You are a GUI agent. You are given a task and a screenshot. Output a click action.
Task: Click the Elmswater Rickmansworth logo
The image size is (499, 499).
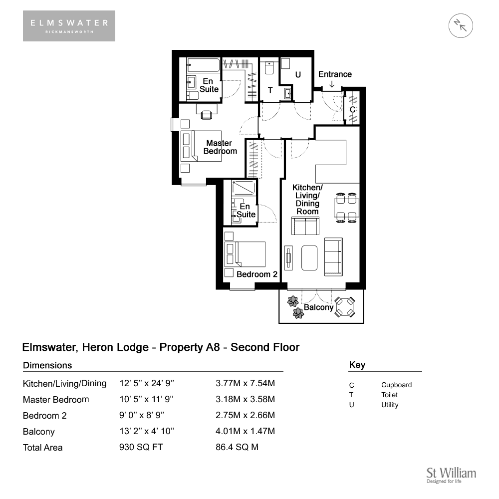coord(69,26)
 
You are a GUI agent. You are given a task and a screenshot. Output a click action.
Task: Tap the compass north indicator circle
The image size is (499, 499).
coord(461,26)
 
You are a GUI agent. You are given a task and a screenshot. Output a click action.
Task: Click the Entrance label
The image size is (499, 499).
coord(335,74)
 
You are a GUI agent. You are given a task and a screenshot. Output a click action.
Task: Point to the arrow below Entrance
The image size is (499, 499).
coord(332,84)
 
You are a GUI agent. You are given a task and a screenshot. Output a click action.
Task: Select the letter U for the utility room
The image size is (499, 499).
coord(298,74)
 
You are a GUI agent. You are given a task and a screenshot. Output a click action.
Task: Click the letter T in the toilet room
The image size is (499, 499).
coord(270,90)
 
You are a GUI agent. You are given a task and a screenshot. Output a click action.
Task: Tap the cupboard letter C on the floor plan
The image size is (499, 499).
coord(352,109)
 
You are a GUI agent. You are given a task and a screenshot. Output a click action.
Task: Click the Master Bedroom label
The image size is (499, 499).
coord(220,147)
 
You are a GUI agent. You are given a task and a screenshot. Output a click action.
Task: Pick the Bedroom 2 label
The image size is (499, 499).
coord(257,274)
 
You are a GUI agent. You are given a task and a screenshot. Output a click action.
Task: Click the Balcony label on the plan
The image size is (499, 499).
coord(318,307)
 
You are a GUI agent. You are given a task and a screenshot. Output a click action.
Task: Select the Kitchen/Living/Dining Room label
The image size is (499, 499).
coord(307,199)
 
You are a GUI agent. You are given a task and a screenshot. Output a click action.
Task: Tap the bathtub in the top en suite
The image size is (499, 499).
coord(203,65)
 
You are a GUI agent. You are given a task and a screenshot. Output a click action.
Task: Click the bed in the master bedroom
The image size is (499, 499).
coord(201,146)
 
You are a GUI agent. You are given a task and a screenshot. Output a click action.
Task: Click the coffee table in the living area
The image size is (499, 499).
coord(309,258)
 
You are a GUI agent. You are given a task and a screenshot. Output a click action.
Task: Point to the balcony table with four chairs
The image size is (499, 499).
coord(344,307)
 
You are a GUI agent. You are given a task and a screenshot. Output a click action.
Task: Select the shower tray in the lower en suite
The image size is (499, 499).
coord(244,188)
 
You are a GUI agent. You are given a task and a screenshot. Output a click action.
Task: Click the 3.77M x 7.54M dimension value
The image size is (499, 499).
coord(245,383)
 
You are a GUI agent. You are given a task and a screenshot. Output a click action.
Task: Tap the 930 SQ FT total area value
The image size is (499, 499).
coord(141,447)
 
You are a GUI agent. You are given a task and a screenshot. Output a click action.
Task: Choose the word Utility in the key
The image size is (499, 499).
coord(390,405)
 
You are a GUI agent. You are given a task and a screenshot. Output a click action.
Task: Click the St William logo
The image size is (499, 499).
coord(451,475)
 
